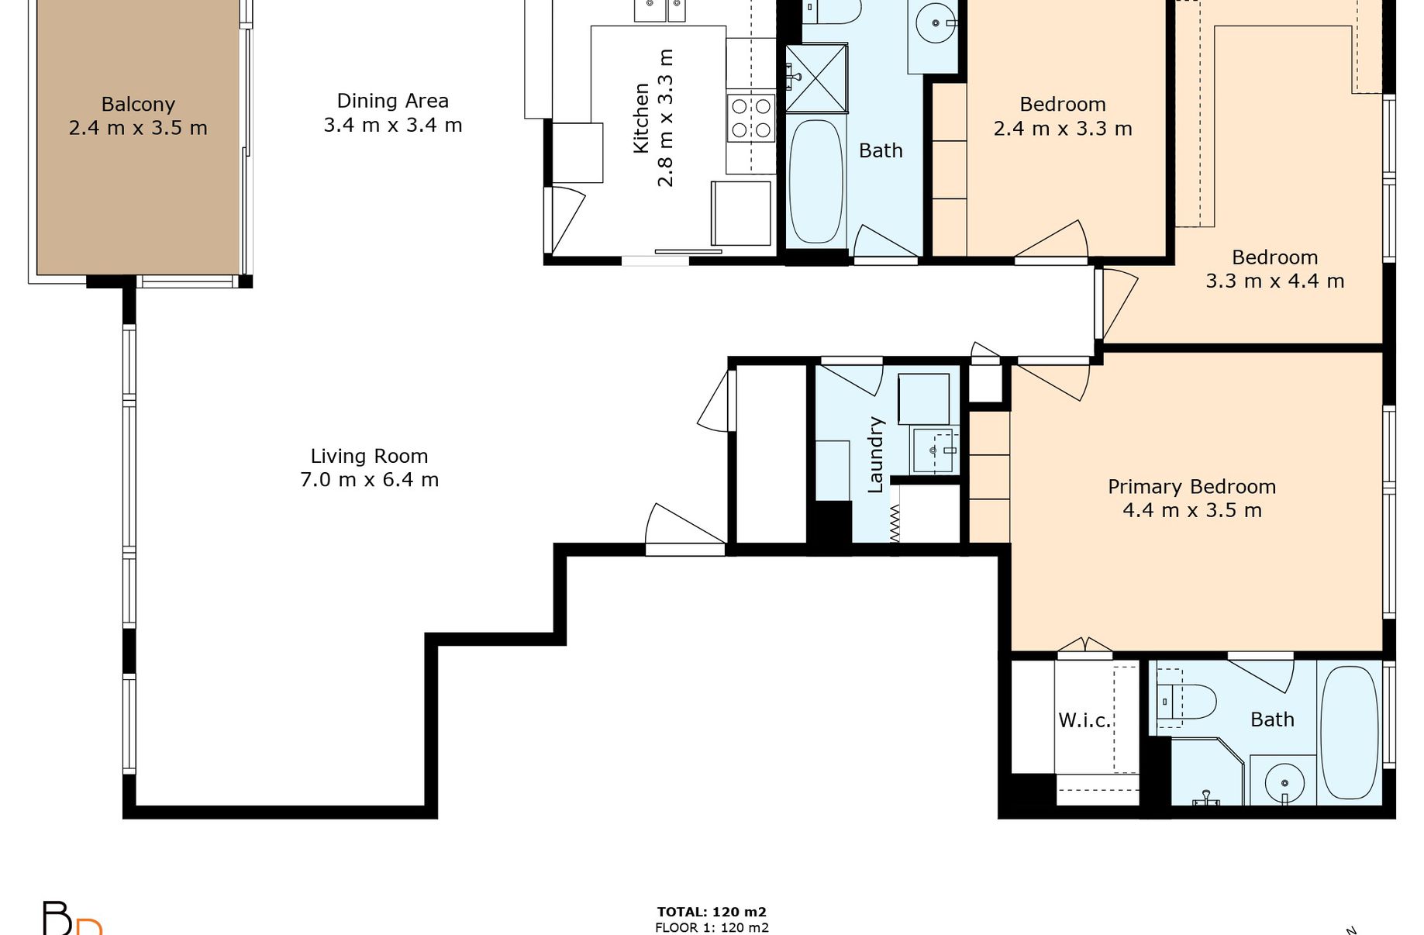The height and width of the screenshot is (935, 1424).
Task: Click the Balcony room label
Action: pyautogui.click(x=138, y=104)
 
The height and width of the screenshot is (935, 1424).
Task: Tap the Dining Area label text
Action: pyautogui.click(x=393, y=101)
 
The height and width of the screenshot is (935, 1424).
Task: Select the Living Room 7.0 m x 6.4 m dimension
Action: pyautogui.click(x=370, y=480)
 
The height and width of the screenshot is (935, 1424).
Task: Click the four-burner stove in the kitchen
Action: pyautogui.click(x=751, y=118)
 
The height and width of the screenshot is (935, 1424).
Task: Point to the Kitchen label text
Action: pyautogui.click(x=641, y=118)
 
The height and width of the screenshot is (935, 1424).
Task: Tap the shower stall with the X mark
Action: pyautogui.click(x=816, y=78)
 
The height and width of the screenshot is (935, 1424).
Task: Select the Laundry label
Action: pyautogui.click(x=875, y=454)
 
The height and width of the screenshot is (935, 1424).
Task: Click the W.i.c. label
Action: pyautogui.click(x=1084, y=720)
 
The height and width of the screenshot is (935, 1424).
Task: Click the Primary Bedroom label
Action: pyautogui.click(x=1192, y=487)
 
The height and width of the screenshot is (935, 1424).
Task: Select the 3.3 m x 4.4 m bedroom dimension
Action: pyautogui.click(x=1275, y=281)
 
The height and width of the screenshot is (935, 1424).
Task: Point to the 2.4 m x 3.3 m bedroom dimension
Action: pyautogui.click(x=1063, y=129)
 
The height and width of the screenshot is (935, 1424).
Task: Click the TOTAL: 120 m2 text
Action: pyautogui.click(x=712, y=913)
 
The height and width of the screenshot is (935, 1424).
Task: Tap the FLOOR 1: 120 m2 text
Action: pyautogui.click(x=712, y=927)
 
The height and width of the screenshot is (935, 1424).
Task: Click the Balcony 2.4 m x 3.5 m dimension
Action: pyautogui.click(x=138, y=128)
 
